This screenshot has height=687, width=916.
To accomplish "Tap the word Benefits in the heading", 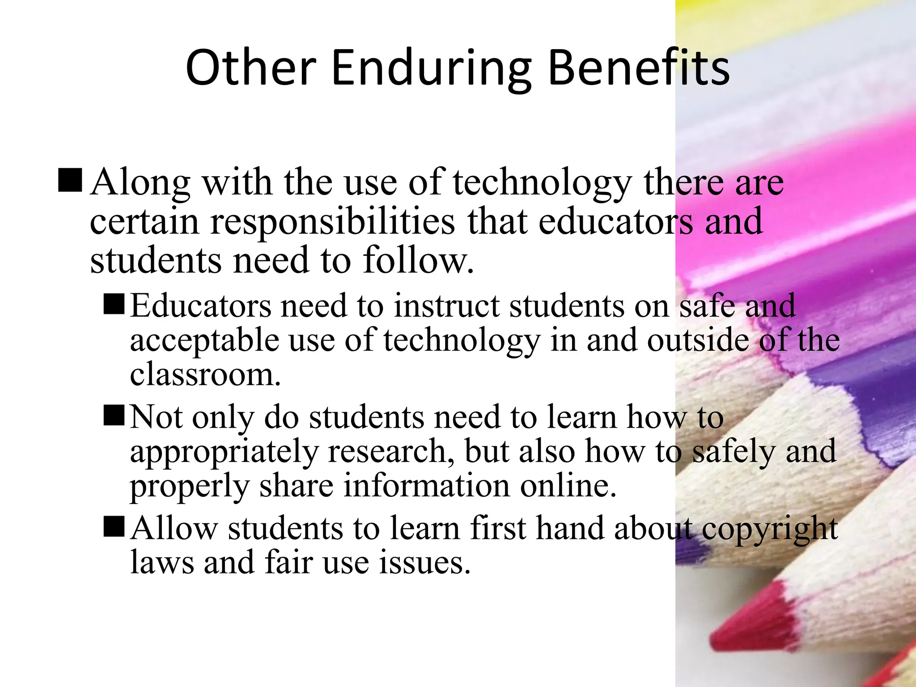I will point(639,68).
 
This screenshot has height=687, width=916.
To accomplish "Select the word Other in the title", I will point(251,68).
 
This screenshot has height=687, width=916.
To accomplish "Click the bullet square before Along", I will point(70,180).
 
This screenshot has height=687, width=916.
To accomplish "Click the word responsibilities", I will point(332,222).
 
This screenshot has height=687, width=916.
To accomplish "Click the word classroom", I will point(204,374).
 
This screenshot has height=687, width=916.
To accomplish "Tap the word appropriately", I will point(224,452).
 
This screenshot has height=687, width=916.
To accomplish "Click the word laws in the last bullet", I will point(162,562).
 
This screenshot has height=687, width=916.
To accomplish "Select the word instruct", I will point(446,306).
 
